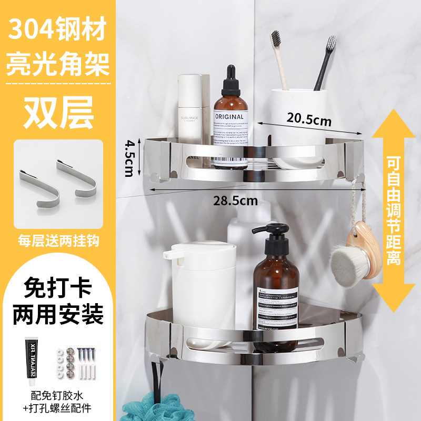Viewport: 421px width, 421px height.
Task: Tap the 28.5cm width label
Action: click(x=236, y=200)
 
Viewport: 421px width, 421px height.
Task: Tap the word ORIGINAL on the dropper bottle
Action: click(x=229, y=116)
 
